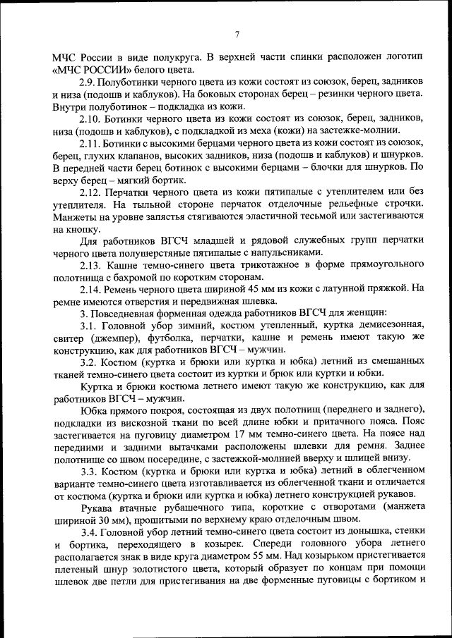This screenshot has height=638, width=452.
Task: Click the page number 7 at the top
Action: tap(237, 35)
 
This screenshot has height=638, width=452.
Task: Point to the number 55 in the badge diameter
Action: tap(267, 556)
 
